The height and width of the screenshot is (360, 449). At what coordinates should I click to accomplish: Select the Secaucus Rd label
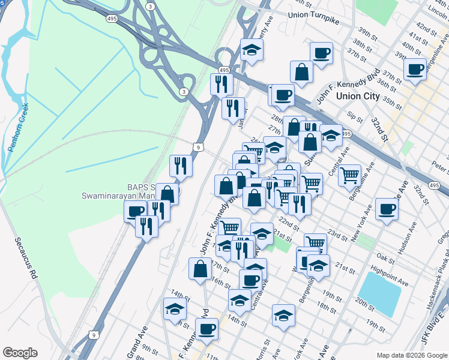coord(27,264)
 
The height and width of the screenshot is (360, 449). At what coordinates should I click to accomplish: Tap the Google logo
coord(20,353)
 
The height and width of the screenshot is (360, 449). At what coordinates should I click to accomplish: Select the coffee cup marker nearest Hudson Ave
coord(387,209)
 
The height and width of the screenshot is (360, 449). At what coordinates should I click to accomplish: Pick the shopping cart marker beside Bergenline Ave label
coord(349,176)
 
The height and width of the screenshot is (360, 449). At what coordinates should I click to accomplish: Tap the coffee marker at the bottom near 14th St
coord(206,329)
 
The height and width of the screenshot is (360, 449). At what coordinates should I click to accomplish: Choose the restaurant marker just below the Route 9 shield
coord(181,166)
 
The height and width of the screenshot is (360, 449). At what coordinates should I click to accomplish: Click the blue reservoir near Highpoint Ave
coord(379,293)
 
